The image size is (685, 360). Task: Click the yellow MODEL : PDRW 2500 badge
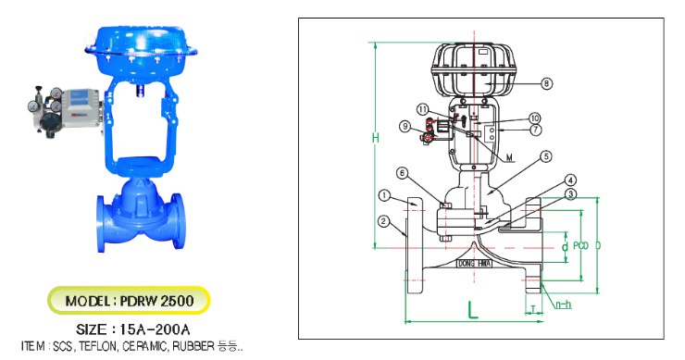130,302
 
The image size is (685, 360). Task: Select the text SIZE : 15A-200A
131,329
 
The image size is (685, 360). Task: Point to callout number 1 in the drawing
385,195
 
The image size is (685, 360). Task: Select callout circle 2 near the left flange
382,220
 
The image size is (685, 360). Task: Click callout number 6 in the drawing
427,172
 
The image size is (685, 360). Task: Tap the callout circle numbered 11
423,108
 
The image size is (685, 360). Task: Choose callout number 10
534,118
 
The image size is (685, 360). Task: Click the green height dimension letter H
375,139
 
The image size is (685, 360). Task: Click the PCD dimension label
579,246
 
